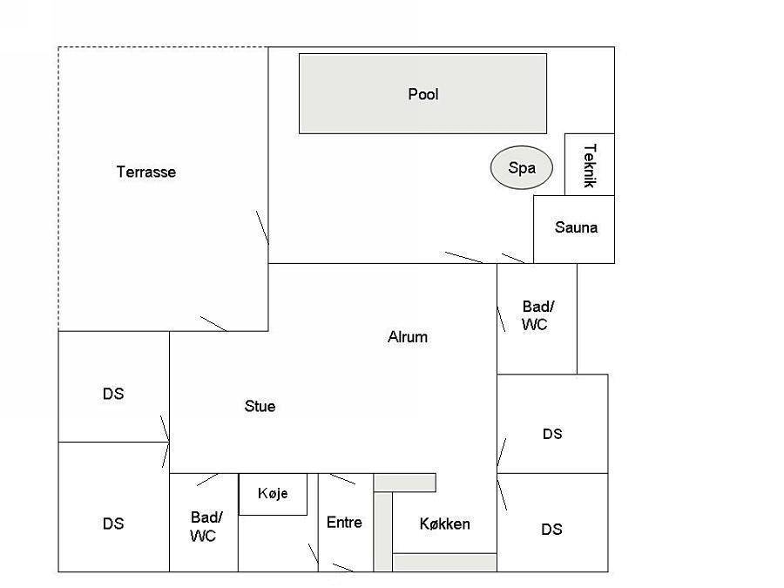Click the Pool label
pos(423,94)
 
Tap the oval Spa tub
pos(522,167)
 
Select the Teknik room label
pos(590,166)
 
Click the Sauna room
pos(574,229)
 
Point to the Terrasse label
pos(146,172)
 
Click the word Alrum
pos(408,337)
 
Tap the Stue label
pos(260,406)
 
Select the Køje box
pos(273,494)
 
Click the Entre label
pos(344,523)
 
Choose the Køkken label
pos(444,524)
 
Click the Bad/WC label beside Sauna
pos(537,315)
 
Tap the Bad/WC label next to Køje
pos(205,526)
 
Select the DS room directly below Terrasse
pos(114,387)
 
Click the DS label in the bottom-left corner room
pos(113,524)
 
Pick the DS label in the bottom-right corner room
pos(551,529)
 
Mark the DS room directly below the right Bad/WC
pos(552,423)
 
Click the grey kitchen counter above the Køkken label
pos(405,483)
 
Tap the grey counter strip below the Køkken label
pos(444,562)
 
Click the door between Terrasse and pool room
pos(262,228)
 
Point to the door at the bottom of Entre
pos(343,567)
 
